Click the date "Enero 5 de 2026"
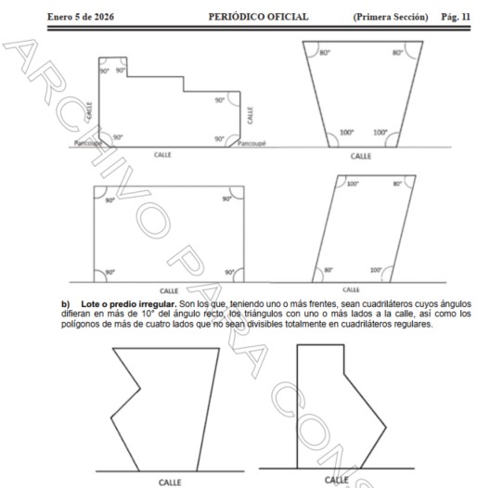(x=81, y=17)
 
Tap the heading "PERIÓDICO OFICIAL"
(x=258, y=17)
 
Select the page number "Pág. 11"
(x=456, y=17)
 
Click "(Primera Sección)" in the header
(x=391, y=17)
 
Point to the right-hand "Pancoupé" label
(x=251, y=143)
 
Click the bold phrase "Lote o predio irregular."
(x=129, y=303)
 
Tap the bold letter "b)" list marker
(x=66, y=304)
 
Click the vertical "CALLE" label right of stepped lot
(x=250, y=115)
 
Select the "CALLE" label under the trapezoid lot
(x=361, y=156)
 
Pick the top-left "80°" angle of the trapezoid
(x=325, y=53)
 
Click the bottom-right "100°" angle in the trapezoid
(x=380, y=132)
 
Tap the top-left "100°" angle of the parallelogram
(x=353, y=184)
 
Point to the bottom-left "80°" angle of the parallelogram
(x=329, y=270)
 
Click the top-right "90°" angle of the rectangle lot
(x=226, y=199)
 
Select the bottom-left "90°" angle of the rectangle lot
(x=110, y=272)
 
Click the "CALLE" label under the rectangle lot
(x=169, y=290)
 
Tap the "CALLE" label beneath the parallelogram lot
(x=351, y=289)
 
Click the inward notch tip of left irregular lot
(x=140, y=389)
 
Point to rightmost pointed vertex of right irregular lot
(x=386, y=427)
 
